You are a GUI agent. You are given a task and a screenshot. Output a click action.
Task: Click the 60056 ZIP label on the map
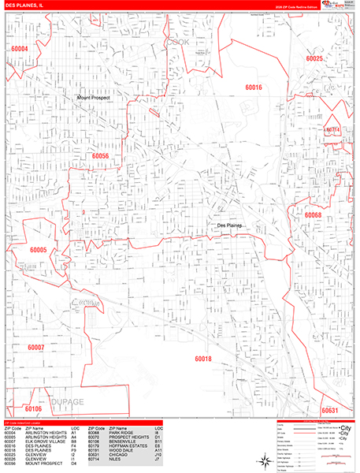[x=100, y=156]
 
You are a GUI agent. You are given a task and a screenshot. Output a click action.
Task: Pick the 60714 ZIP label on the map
[x=332, y=130]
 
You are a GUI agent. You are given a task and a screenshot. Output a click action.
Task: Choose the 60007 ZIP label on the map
[x=35, y=347]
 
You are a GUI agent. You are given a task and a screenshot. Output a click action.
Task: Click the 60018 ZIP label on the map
[x=203, y=359]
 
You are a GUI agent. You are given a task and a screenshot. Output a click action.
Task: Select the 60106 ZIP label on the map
[x=33, y=409]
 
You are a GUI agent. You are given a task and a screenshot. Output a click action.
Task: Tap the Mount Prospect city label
[x=95, y=98]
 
